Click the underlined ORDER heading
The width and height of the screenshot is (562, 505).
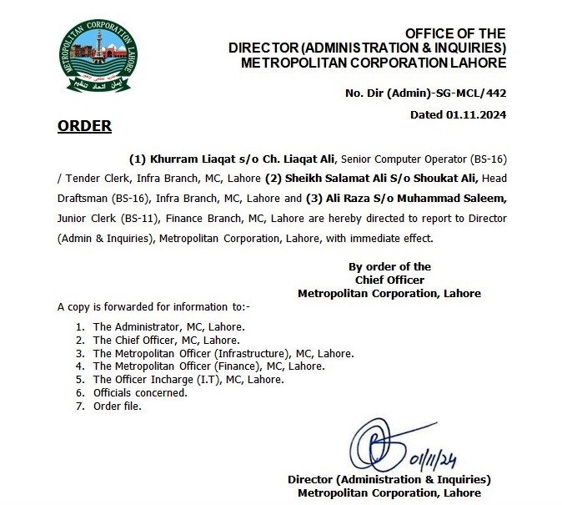[84, 127]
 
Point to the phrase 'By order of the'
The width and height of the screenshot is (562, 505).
[389, 266]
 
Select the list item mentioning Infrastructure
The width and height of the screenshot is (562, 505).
[223, 352]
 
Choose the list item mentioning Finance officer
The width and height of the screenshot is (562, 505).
[208, 366]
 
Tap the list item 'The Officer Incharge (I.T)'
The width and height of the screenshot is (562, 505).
[188, 379]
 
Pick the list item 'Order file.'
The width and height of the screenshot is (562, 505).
[118, 406]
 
